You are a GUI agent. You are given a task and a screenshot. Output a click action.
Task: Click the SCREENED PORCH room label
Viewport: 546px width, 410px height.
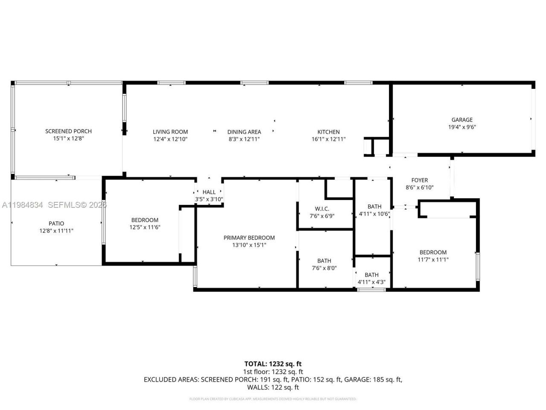point(68,131)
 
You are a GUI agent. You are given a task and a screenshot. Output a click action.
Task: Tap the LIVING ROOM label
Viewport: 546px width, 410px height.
point(170,132)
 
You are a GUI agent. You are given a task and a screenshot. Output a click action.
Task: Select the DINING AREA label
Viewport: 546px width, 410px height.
point(244,132)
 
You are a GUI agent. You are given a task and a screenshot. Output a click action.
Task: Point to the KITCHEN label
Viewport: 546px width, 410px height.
point(328,132)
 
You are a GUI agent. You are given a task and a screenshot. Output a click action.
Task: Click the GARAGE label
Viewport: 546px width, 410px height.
point(462,120)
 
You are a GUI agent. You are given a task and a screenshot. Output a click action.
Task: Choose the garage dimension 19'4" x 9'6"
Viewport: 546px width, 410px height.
point(462,127)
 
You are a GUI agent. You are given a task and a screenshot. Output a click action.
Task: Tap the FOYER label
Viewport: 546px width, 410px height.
point(419,180)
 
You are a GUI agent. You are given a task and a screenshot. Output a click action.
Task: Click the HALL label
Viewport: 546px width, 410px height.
point(209,192)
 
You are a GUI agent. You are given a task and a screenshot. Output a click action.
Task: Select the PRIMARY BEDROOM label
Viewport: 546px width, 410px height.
point(249,238)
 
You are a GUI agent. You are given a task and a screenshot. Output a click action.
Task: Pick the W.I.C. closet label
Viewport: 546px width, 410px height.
point(322,209)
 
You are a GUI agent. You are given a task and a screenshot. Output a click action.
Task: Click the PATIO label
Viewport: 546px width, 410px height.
point(56,223)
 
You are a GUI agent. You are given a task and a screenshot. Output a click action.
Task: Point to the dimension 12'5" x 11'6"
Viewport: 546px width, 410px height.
point(145,227)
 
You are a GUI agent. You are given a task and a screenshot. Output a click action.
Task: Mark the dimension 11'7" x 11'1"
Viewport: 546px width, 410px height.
point(433,259)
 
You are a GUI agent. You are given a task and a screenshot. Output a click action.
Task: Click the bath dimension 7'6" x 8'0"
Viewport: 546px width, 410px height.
point(324,268)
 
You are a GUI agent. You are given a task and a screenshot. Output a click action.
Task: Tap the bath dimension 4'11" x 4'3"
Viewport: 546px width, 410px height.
point(372,282)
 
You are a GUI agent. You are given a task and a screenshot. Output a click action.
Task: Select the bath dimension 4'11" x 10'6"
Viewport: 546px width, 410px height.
point(374,214)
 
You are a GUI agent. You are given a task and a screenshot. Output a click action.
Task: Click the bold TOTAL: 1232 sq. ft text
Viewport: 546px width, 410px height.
point(273,364)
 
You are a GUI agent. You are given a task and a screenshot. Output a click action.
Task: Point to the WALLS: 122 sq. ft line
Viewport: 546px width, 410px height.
point(273,387)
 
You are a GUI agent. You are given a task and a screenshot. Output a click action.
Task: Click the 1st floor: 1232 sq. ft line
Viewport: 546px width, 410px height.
point(273,372)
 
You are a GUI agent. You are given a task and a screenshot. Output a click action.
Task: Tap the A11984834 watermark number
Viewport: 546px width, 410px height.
point(22,205)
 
